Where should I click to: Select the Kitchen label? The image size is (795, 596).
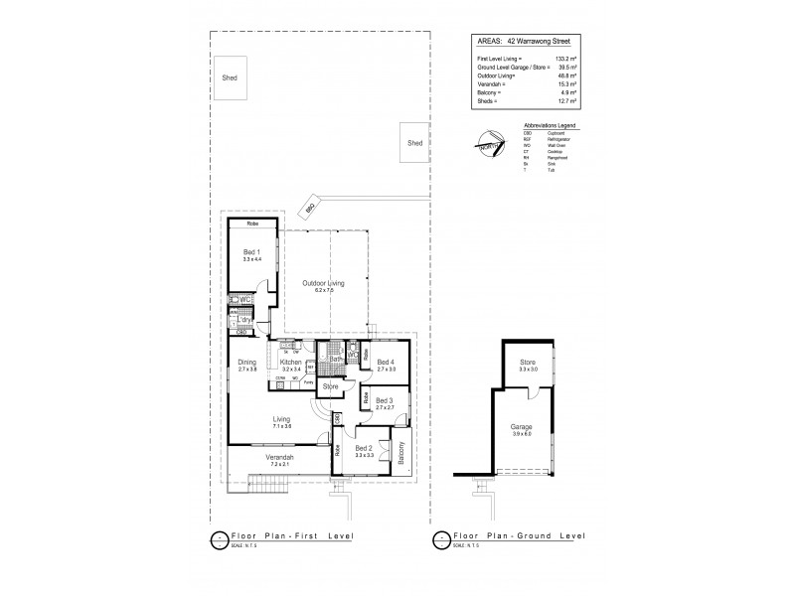coord(290,363)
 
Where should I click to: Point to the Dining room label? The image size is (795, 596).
coord(246,363)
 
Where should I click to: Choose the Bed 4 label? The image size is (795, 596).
coord(386,363)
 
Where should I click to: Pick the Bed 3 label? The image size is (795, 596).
coord(386,400)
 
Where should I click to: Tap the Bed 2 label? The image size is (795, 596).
coord(365,448)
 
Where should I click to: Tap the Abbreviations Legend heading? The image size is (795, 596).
coord(549,125)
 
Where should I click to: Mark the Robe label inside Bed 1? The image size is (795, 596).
coord(253,224)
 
